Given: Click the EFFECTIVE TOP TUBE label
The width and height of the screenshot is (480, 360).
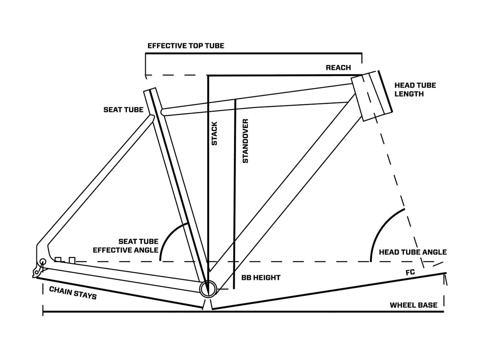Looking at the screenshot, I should click(x=186, y=46).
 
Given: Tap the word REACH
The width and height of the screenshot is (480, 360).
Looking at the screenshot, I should click(x=338, y=68).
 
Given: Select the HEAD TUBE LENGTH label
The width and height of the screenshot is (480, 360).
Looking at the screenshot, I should click(x=415, y=90).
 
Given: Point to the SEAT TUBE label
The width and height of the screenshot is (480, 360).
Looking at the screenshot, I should click(x=123, y=110).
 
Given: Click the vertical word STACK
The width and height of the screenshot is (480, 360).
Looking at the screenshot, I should click(x=214, y=133).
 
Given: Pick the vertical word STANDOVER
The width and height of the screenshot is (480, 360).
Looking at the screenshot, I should click(x=245, y=141).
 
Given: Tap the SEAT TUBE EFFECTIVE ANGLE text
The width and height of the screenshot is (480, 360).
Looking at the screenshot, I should click(x=126, y=246).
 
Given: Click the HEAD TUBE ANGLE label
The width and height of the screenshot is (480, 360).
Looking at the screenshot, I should click(x=412, y=252).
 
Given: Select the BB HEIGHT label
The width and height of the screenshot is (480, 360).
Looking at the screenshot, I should click(x=261, y=278).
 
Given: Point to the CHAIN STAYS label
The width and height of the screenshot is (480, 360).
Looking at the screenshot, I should click(x=73, y=293).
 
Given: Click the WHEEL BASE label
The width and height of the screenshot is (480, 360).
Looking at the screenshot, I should click(x=413, y=305).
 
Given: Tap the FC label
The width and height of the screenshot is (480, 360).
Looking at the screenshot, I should click(x=410, y=272).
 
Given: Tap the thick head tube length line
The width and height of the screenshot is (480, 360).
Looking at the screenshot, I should click(x=385, y=91).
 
